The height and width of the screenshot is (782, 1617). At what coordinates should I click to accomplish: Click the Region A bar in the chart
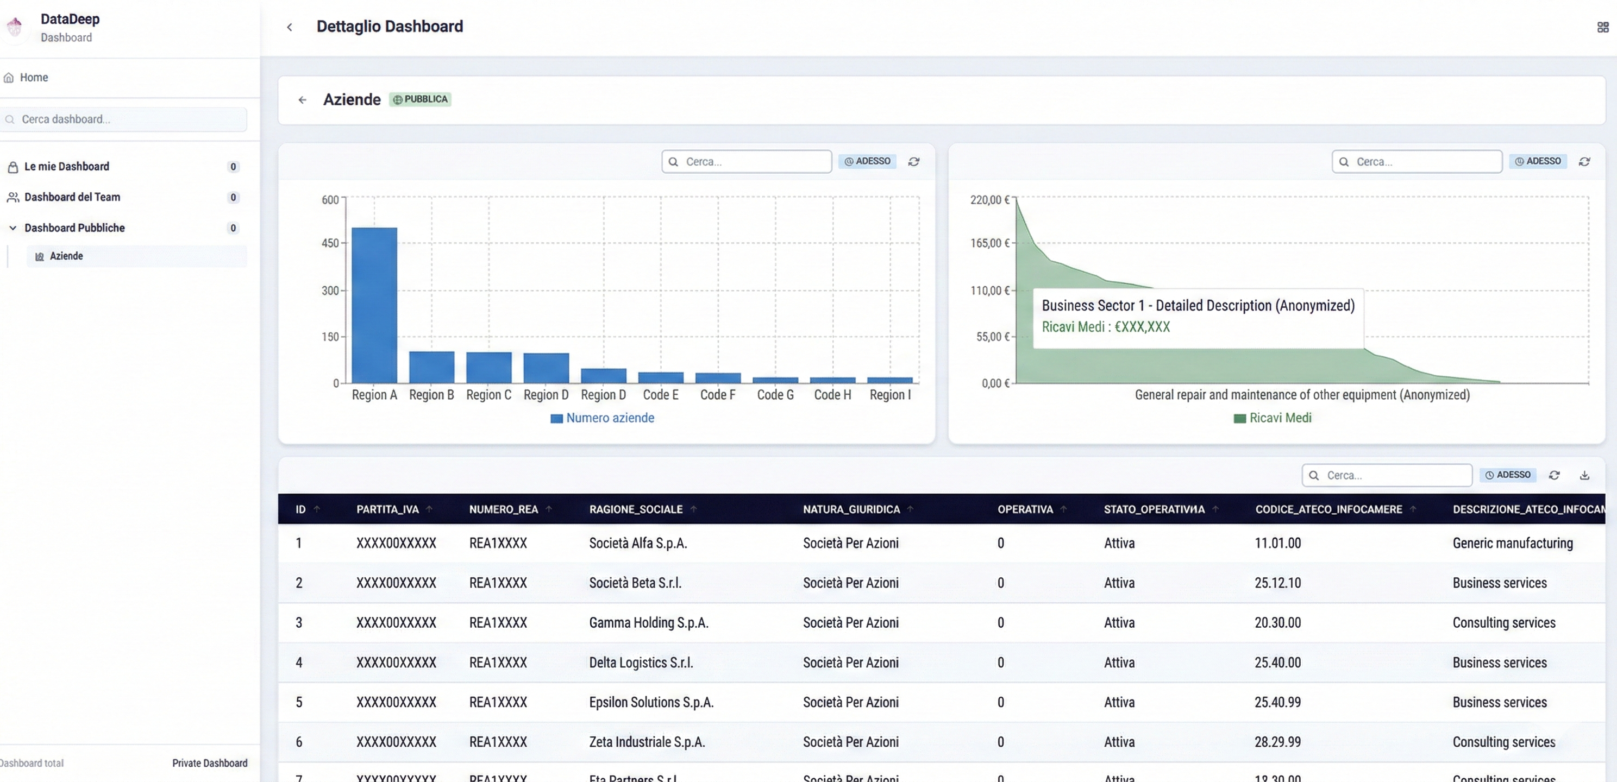374,306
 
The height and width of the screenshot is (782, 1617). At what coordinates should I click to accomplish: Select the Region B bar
431,367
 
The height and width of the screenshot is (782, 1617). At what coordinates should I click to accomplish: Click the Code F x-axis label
717,395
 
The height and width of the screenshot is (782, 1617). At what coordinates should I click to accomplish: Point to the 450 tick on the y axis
330,243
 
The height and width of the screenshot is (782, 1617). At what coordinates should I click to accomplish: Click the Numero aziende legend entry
602,418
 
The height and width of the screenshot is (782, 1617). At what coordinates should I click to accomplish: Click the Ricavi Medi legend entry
1273,418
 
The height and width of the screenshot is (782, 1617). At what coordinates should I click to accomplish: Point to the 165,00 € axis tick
989,243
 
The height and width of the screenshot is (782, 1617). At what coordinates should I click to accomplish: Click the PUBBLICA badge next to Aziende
420,99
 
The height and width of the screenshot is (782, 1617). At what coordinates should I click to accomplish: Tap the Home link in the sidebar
33,77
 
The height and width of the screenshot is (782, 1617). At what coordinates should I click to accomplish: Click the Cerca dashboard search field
126,119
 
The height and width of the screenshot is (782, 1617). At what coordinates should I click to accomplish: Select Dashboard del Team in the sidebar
72,197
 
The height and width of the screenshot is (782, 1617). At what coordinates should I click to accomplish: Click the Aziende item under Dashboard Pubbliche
66,256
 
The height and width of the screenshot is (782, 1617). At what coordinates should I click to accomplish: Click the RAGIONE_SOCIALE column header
635,509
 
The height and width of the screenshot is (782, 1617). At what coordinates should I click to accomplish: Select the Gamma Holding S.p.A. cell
648,622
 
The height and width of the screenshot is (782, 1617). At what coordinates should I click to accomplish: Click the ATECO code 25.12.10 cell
1277,583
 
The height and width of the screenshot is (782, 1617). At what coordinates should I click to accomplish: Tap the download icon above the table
1584,475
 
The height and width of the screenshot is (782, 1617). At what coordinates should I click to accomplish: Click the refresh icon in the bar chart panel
914,162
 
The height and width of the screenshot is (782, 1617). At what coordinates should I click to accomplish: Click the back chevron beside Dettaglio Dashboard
290,27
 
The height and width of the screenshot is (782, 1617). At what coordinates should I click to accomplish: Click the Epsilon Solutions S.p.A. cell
651,702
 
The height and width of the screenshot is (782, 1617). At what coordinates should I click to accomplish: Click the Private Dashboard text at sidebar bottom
210,763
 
